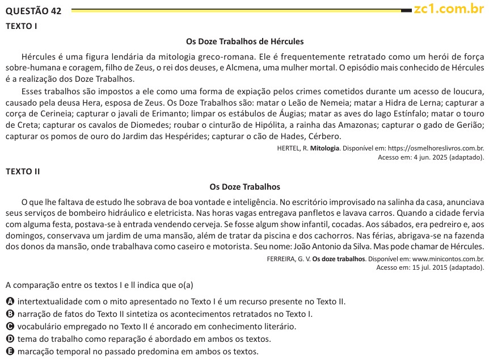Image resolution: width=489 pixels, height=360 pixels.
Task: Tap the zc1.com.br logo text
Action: pyautogui.click(x=449, y=9)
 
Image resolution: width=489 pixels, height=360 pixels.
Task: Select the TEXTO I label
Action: pyautogui.click(x=21, y=26)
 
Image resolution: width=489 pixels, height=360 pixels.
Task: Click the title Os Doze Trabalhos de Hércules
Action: pyautogui.click(x=244, y=41)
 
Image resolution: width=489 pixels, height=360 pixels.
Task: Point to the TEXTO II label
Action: pyautogui.click(x=23, y=171)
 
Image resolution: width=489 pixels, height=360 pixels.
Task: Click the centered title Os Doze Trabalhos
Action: pyautogui.click(x=244, y=186)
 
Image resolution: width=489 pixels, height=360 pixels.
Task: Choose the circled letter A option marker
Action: pyautogui.click(x=10, y=302)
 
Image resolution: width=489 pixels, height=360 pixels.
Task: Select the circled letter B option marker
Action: pyautogui.click(x=10, y=314)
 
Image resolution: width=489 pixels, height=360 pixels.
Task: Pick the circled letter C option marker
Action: pyautogui.click(x=10, y=326)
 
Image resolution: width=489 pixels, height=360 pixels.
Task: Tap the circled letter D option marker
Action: pyautogui.click(x=10, y=339)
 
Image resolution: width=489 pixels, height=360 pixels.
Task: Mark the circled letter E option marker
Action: pyautogui.click(x=10, y=351)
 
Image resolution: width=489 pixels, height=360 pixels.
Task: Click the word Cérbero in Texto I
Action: pyautogui.click(x=324, y=136)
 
